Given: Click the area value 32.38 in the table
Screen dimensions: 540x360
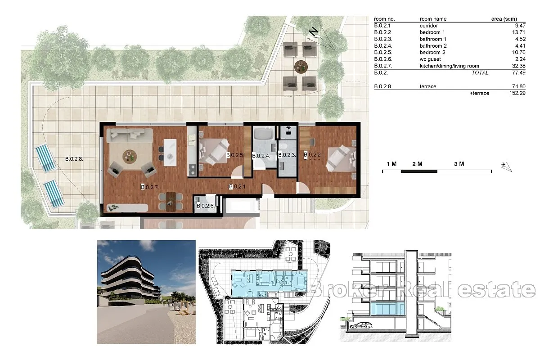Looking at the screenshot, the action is tap(518, 66).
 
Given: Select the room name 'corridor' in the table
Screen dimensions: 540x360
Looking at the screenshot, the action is tap(428, 26).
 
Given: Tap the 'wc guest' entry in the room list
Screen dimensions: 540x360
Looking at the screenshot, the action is tap(430, 59).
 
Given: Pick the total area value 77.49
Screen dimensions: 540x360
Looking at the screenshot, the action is tap(518, 72).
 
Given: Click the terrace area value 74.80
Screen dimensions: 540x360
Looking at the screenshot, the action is tap(518, 86).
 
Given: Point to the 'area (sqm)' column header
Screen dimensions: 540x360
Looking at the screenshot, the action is tap(504, 19).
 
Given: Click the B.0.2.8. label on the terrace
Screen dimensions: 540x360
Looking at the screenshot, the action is tap(74, 159).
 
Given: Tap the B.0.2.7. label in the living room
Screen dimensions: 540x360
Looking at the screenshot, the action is tap(150, 187).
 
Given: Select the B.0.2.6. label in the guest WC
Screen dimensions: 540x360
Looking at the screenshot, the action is tap(205, 206).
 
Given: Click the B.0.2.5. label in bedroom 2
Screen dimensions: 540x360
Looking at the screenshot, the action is tap(235, 155).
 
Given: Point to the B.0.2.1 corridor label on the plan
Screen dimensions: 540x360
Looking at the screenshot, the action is tap(237, 186).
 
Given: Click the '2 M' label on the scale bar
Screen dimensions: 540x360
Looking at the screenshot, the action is tap(417, 164).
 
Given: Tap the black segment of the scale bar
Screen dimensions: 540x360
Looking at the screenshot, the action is tap(419, 171).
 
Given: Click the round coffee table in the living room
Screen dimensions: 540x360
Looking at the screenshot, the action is tap(130, 157).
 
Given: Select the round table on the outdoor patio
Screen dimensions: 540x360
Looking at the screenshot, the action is tap(301, 67).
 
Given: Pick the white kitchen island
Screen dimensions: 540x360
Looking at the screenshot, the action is tap(170, 153).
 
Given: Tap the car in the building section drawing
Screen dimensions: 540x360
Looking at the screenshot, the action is tap(360, 326).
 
